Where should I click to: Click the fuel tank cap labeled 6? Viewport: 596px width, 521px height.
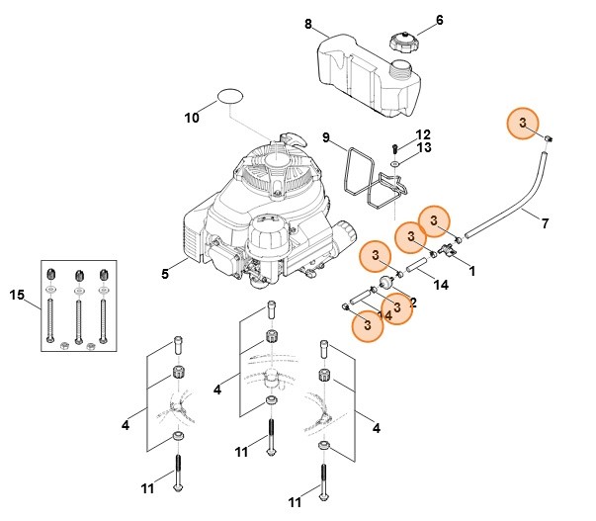tap(403, 42)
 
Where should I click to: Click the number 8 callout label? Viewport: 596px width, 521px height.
tap(307, 25)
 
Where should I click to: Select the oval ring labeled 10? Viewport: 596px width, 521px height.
tap(230, 96)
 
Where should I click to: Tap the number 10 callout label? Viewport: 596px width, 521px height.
tap(192, 118)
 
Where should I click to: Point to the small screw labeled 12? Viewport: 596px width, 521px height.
tap(394, 148)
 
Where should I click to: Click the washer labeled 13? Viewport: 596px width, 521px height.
tap(395, 164)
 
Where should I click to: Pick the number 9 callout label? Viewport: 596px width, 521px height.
tap(326, 137)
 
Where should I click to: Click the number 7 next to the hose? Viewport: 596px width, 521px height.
tap(545, 223)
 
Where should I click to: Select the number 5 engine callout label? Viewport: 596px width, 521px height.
tap(165, 274)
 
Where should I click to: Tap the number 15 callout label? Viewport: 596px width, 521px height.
tap(17, 295)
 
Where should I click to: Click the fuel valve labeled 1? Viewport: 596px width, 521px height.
tap(448, 250)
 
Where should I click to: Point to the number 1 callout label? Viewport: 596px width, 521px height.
tap(472, 271)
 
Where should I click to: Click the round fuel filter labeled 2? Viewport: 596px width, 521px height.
tap(386, 283)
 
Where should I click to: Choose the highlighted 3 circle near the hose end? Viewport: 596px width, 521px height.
tap(523, 123)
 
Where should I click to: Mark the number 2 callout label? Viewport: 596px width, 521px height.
tap(413, 303)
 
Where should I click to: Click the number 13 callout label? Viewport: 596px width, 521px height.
tap(424, 147)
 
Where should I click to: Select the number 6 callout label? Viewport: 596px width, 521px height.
tap(440, 20)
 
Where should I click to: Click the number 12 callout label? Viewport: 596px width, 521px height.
tap(423, 135)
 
